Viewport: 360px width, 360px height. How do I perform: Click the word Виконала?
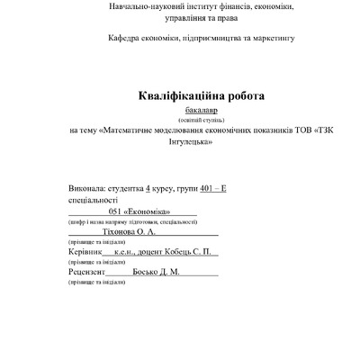[86, 188]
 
